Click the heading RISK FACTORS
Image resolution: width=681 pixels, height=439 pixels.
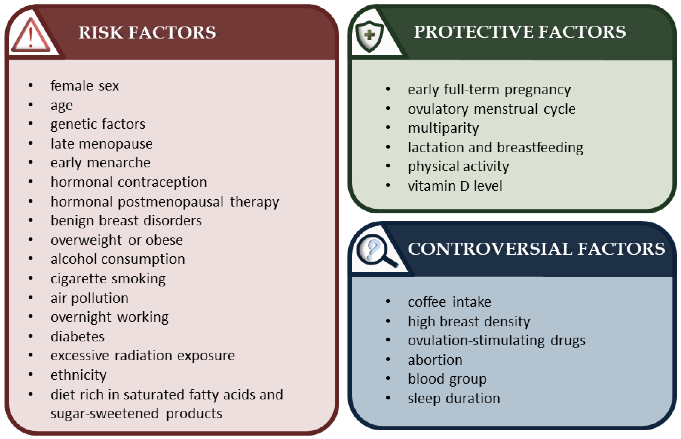pyautogui.click(x=147, y=32)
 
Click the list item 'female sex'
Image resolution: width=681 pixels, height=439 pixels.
pyautogui.click(x=85, y=86)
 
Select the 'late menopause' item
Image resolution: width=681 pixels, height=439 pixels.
pyautogui.click(x=102, y=144)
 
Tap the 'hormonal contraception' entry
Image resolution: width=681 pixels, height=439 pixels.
pyautogui.click(x=129, y=182)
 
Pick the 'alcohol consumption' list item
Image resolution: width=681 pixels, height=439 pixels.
pyautogui.click(x=118, y=259)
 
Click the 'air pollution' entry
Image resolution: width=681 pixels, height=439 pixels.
pyautogui.click(x=90, y=298)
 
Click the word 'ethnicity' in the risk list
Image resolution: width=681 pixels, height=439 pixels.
pyautogui.click(x=78, y=375)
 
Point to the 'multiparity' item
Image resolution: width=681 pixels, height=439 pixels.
pyautogui.click(x=443, y=128)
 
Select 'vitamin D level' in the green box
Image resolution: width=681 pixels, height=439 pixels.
pyautogui.click(x=455, y=186)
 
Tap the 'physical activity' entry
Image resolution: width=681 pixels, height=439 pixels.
pyautogui.click(x=458, y=167)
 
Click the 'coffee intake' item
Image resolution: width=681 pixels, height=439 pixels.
pyautogui.click(x=450, y=302)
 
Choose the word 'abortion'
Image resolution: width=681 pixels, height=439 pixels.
pyautogui.click(x=435, y=360)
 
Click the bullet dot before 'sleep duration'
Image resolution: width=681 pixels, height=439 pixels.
pyautogui.click(x=388, y=398)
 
